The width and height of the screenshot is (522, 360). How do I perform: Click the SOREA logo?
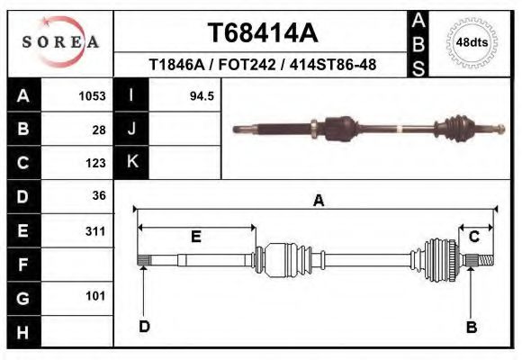[59, 41]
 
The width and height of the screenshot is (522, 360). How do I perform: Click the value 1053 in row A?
[93, 95]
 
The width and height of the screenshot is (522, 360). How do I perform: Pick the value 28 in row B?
[99, 129]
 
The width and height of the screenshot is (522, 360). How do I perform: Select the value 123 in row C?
[94, 163]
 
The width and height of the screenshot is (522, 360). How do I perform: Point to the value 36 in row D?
[99, 195]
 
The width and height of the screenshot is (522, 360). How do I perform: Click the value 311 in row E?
[94, 230]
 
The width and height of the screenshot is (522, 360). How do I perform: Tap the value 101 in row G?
[94, 296]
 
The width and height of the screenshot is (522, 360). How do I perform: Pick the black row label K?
[130, 162]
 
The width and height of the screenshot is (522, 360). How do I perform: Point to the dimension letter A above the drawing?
[318, 201]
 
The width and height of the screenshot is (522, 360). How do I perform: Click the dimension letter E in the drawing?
[195, 238]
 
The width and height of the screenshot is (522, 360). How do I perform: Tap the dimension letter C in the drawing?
[473, 237]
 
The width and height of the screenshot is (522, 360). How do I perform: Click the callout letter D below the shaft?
[144, 327]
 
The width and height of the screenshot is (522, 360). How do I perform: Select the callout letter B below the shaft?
[471, 328]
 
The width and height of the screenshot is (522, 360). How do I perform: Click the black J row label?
[130, 129]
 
